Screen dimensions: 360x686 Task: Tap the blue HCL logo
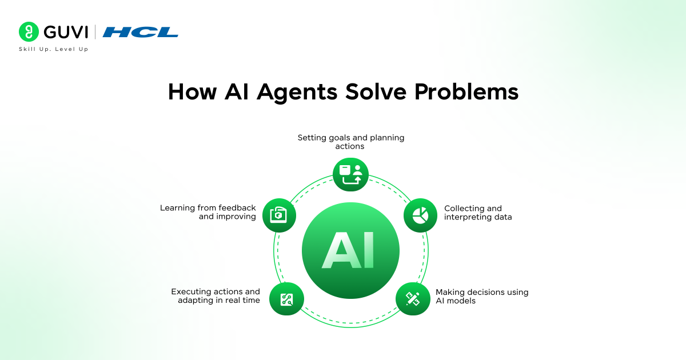140,32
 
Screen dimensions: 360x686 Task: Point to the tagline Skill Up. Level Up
54,49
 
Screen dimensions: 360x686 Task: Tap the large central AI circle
350,250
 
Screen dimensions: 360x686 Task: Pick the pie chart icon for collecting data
420,215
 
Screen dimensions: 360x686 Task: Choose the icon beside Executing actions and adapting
286,299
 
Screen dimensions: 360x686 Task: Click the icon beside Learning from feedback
279,215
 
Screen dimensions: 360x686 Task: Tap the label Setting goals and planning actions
350,142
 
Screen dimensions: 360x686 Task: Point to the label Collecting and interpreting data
478,213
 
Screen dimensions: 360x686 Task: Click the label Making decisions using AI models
482,296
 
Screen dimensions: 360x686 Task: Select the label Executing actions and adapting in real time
216,295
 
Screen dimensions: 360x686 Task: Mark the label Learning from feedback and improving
208,212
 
